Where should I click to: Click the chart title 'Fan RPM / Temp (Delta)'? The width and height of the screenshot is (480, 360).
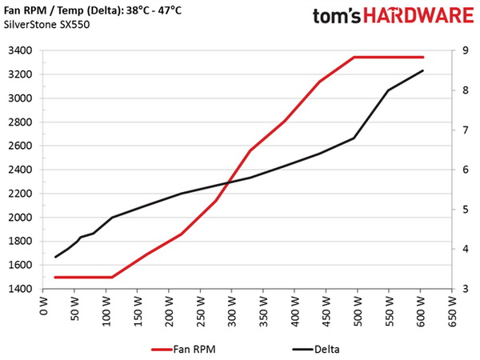77,9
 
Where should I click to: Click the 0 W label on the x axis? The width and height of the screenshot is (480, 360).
45,307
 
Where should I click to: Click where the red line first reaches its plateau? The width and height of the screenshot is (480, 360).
354,58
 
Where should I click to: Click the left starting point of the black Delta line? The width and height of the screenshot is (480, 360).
55,257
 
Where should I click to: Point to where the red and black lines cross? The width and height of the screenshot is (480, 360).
230,183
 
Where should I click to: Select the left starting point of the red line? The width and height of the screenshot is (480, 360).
55,278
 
